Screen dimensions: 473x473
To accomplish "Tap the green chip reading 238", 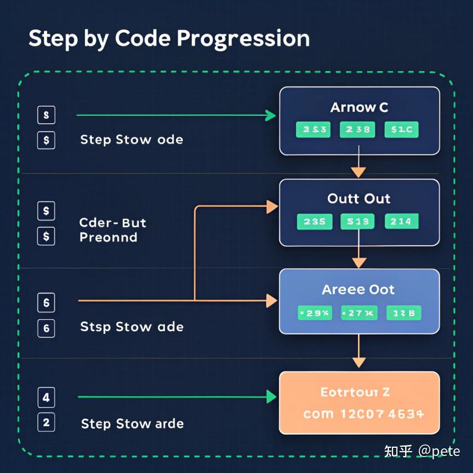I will tap(358, 130).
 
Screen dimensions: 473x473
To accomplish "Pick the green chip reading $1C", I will tap(402, 130).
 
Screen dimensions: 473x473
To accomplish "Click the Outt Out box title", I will tap(359, 198).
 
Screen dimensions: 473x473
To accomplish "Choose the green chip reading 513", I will tap(358, 221).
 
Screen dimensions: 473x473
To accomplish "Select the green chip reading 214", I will tap(402, 221).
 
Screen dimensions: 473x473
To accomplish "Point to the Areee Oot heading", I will tap(359, 290).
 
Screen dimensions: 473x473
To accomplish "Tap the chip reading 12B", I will tap(404, 313).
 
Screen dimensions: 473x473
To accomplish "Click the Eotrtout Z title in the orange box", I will tap(355, 392).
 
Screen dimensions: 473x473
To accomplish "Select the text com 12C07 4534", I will tap(364, 414).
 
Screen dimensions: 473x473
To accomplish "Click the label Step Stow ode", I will tap(131, 140).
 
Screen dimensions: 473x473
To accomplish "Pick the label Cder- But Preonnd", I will tap(112, 230).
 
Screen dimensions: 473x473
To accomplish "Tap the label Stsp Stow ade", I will tap(132, 327).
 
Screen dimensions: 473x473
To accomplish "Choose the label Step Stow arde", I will tap(132, 423).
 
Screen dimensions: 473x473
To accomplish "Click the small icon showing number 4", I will tap(46, 397).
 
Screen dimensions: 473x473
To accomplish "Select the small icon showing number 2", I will tap(46, 422).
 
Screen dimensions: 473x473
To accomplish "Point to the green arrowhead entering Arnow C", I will tap(270, 115).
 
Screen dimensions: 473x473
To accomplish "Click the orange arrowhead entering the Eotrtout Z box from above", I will tap(359, 362).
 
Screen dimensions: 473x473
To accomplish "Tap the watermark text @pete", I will tap(439, 451).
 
